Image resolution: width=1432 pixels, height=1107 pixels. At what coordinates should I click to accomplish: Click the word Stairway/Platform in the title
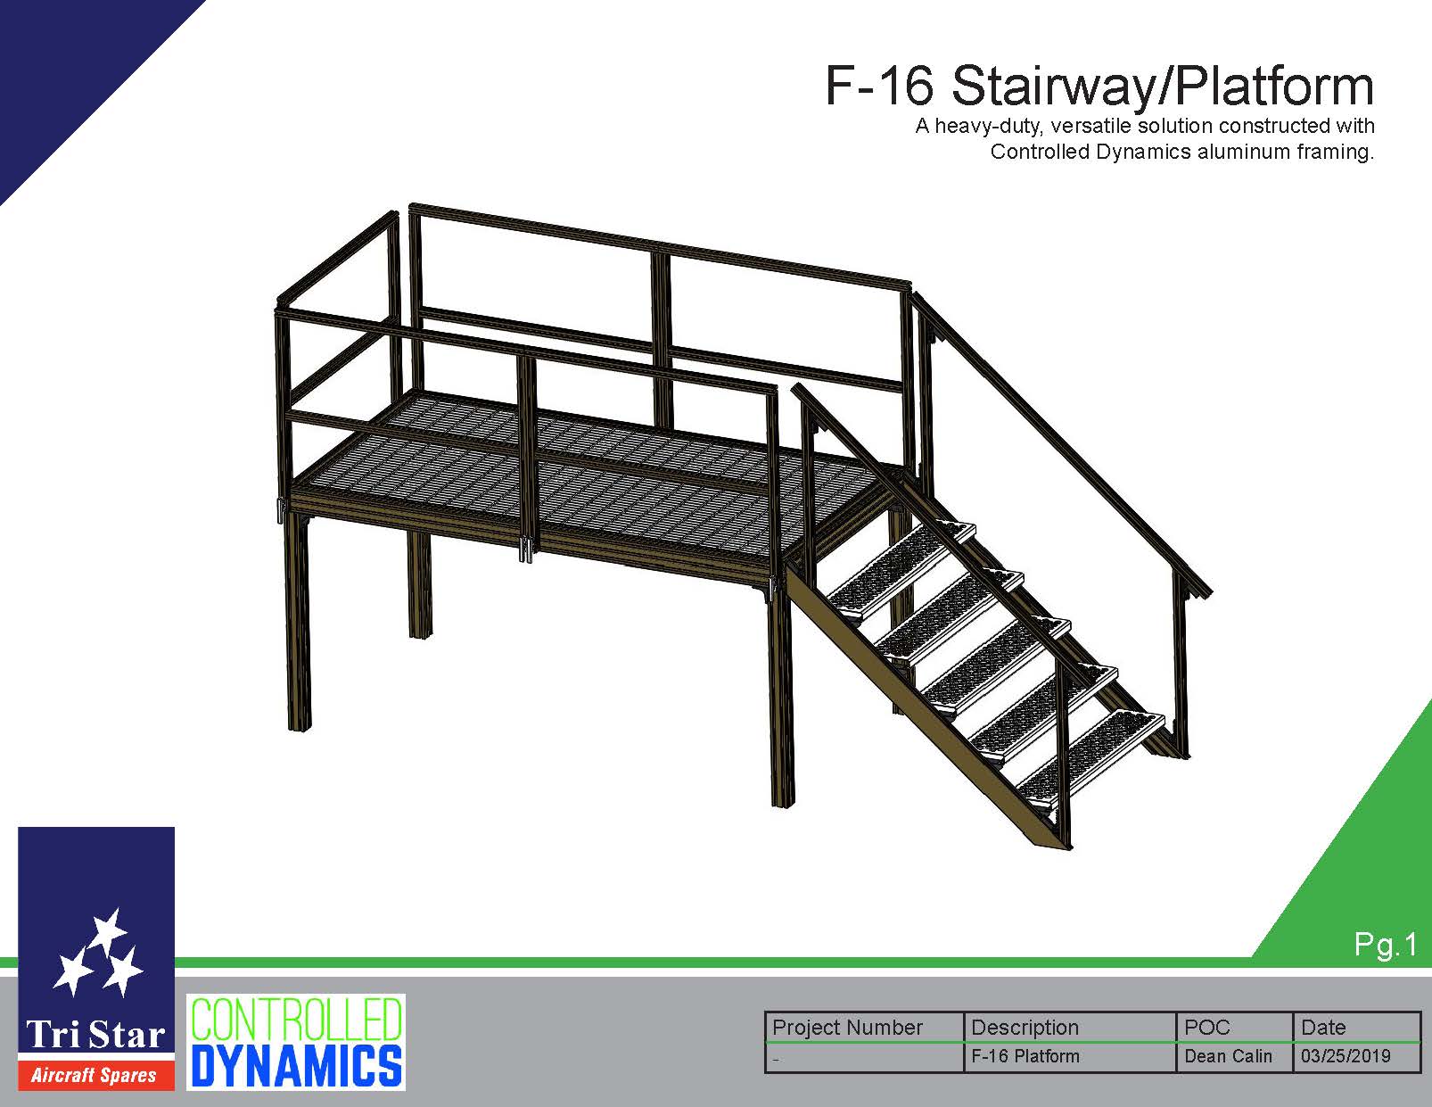point(1163,86)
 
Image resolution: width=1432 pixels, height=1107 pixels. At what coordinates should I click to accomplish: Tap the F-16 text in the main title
point(879,86)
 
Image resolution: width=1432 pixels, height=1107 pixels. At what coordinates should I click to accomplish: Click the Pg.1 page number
point(1386,945)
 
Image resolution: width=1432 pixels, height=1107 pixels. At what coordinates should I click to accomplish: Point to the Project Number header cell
point(864,1028)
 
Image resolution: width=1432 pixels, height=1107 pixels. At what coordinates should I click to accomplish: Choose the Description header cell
point(1070,1028)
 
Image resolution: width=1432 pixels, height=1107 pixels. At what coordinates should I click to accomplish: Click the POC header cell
point(1234,1028)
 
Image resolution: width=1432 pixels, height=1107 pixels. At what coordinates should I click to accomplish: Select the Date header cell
point(1356,1028)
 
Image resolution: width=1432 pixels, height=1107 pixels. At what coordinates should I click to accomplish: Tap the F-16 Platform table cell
point(1025,1056)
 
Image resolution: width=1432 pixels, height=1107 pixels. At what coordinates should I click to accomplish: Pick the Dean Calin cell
point(1228,1056)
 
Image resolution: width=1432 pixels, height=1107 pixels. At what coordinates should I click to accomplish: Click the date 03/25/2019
point(1345,1056)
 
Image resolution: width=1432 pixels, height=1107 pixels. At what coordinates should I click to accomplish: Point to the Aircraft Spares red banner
point(96,1076)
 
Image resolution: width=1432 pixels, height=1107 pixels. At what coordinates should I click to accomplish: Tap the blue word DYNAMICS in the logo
point(296,1065)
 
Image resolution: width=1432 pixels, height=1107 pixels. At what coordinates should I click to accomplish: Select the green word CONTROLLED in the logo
point(296,1020)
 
